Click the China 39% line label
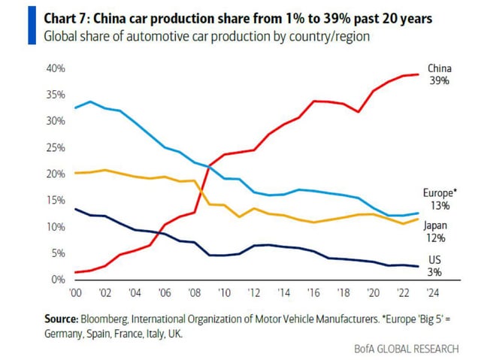click(x=439, y=74)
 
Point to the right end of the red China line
click(x=419, y=74)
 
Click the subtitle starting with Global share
click(x=207, y=36)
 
